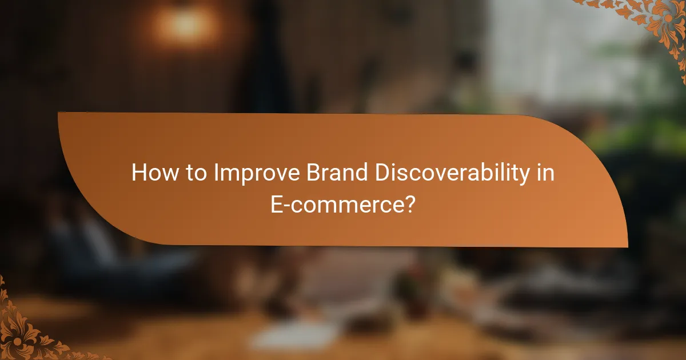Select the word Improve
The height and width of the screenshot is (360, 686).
tap(252, 173)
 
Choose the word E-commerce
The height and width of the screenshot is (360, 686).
tap(336, 204)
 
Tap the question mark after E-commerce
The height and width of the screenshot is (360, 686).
tap(409, 204)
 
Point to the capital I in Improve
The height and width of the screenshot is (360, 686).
tap(216, 173)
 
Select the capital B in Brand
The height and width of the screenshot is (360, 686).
tap(312, 173)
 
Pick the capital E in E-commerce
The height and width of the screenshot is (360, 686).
tap(277, 204)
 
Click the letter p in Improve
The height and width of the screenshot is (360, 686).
tap(242, 175)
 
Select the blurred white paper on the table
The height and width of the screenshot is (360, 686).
tap(286, 337)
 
